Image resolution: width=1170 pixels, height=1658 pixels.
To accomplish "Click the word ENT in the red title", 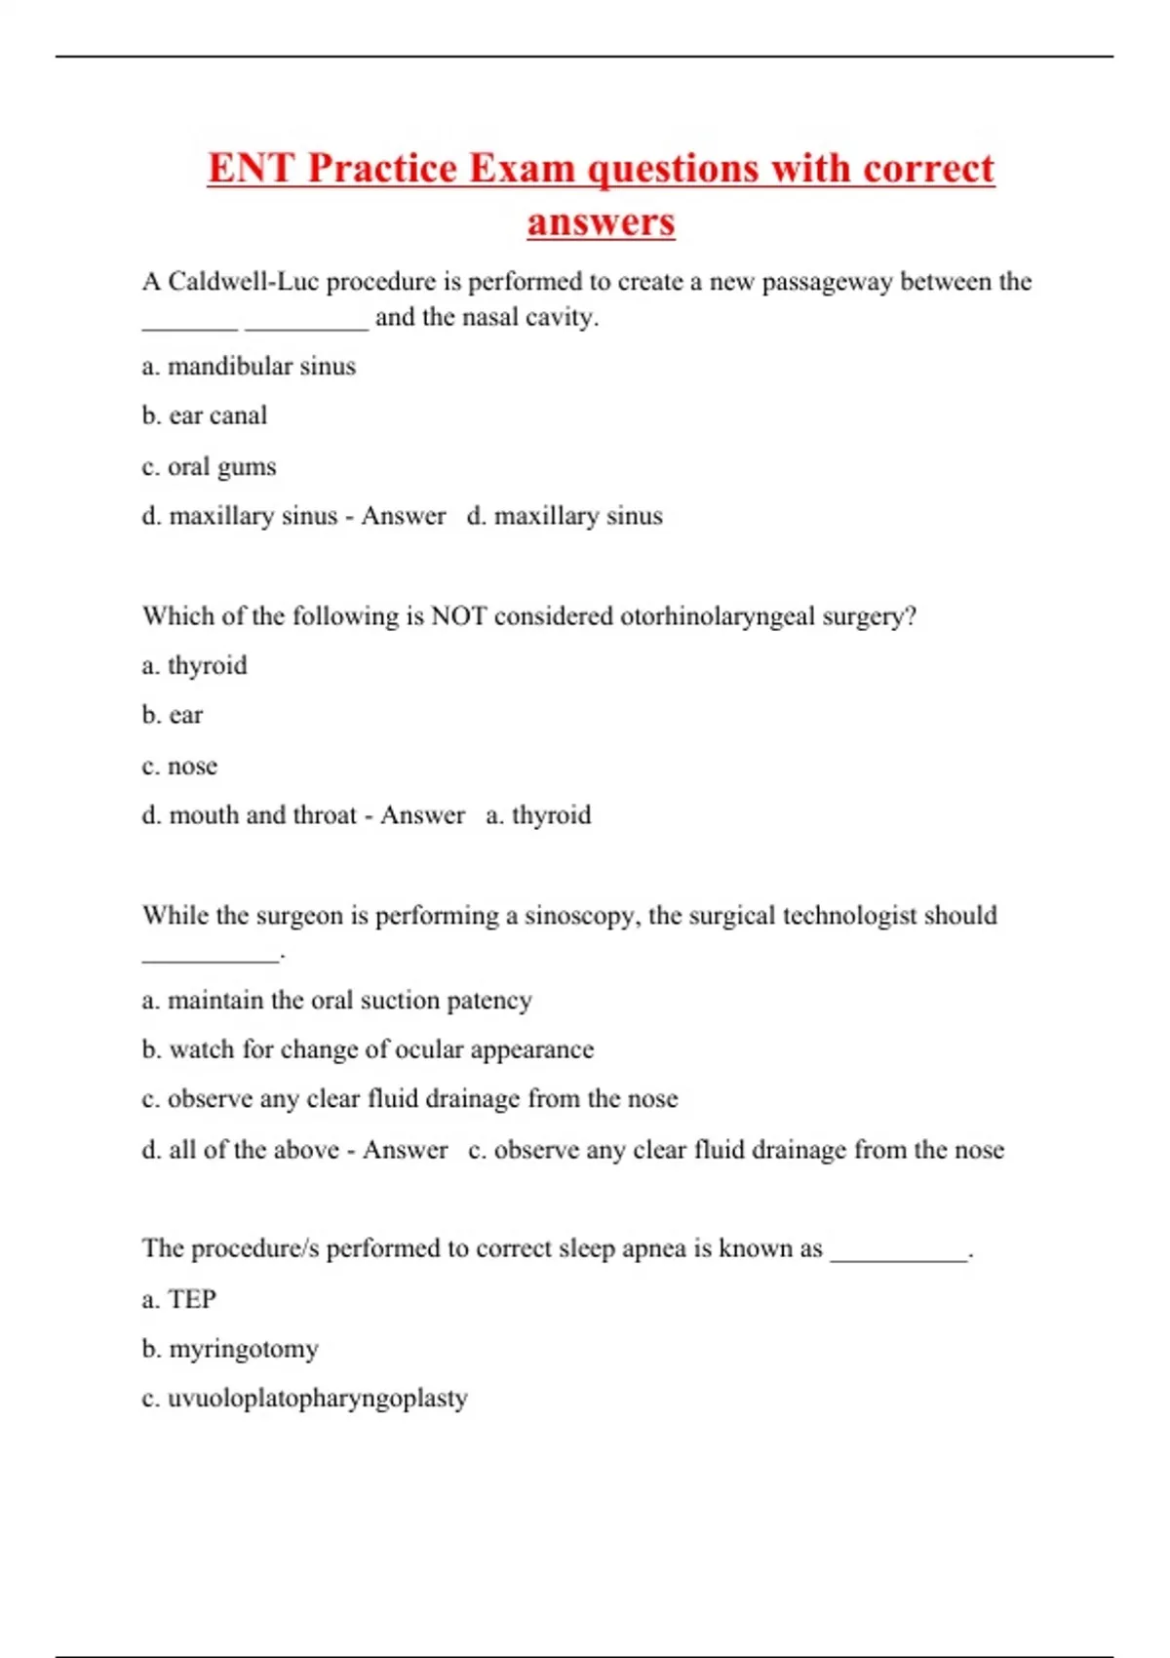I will [x=251, y=168].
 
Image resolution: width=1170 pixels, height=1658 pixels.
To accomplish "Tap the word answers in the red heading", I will [x=601, y=221].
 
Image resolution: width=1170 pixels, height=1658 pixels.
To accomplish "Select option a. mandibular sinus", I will [x=249, y=367].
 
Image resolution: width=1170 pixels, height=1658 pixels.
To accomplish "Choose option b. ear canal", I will [x=204, y=416].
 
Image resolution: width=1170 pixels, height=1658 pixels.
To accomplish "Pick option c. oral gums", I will [x=209, y=467].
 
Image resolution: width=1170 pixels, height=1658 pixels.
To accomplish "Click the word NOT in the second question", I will [x=458, y=616].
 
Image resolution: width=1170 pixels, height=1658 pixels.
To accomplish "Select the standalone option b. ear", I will [x=172, y=716].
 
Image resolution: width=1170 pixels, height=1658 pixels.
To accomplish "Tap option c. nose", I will [x=179, y=767].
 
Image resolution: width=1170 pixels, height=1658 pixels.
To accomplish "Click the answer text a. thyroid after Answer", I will [x=538, y=815].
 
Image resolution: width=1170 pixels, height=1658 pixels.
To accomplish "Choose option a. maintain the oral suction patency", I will [x=336, y=1001].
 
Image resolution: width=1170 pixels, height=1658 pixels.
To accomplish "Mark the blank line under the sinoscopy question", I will [x=211, y=960].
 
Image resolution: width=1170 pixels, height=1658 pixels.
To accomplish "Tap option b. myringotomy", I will [x=230, y=1350].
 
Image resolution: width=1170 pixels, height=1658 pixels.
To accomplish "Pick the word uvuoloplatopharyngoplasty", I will [x=318, y=1399].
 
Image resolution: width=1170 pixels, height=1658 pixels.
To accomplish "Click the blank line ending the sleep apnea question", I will [x=898, y=1258].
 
